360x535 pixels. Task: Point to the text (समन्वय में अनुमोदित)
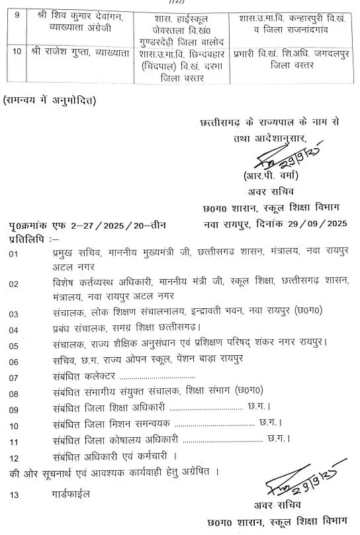pos(49,101)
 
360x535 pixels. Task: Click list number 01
pos(13,253)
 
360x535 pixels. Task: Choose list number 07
pos(14,378)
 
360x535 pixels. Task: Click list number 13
pos(14,494)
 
